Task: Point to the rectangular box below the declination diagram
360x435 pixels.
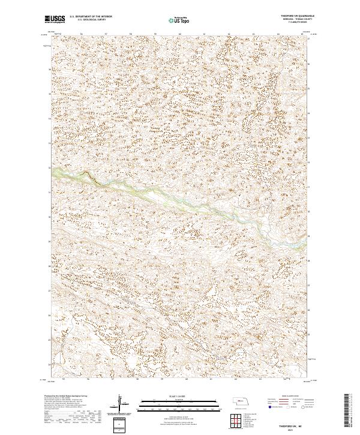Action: pos(121,425)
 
